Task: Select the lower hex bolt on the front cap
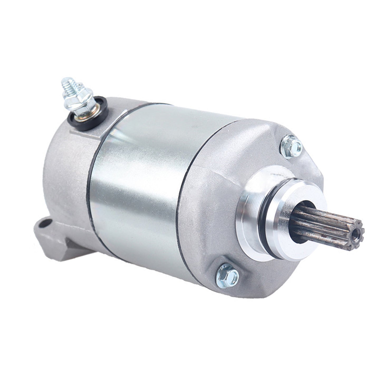click(227, 276)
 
